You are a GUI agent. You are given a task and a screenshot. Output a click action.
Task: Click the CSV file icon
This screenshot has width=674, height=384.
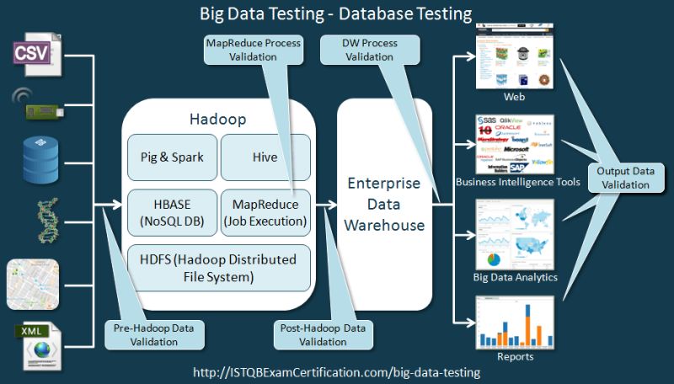(33, 51)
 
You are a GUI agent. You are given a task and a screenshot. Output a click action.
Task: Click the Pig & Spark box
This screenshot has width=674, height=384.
(171, 157)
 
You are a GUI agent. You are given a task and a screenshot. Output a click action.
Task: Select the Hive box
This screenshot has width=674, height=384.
(265, 157)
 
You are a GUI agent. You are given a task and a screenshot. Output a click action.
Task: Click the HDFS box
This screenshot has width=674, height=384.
(217, 266)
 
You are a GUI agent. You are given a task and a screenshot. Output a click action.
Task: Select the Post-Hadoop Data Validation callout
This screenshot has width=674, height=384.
(321, 333)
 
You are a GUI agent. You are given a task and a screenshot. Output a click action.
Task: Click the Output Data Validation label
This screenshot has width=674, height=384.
(626, 178)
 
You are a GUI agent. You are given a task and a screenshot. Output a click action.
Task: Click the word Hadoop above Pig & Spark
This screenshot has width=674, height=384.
(217, 120)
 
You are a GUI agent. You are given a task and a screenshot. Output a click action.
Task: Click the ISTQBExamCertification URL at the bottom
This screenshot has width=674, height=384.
(336, 371)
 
